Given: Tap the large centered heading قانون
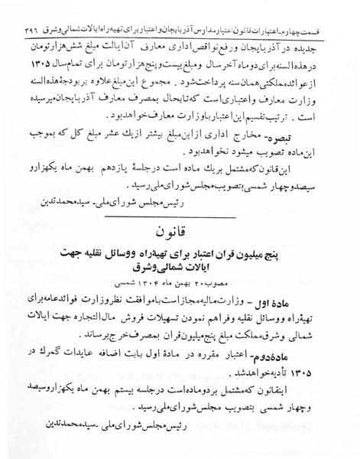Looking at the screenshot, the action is click(180, 230).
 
